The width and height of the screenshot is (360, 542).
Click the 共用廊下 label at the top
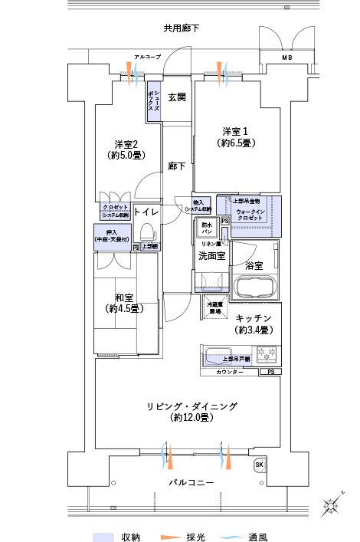click(181, 28)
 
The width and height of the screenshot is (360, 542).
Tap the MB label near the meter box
click(286, 57)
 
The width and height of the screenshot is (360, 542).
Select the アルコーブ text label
click(146, 57)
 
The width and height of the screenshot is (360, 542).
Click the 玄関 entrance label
click(177, 97)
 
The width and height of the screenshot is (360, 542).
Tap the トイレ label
click(146, 211)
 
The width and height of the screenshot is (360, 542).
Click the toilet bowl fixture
click(148, 232)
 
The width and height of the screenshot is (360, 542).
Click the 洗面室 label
click(211, 255)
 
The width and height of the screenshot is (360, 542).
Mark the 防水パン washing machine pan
click(208, 228)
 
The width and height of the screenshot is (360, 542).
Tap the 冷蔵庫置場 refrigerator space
click(215, 308)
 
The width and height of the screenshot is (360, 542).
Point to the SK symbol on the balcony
click(259, 465)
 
